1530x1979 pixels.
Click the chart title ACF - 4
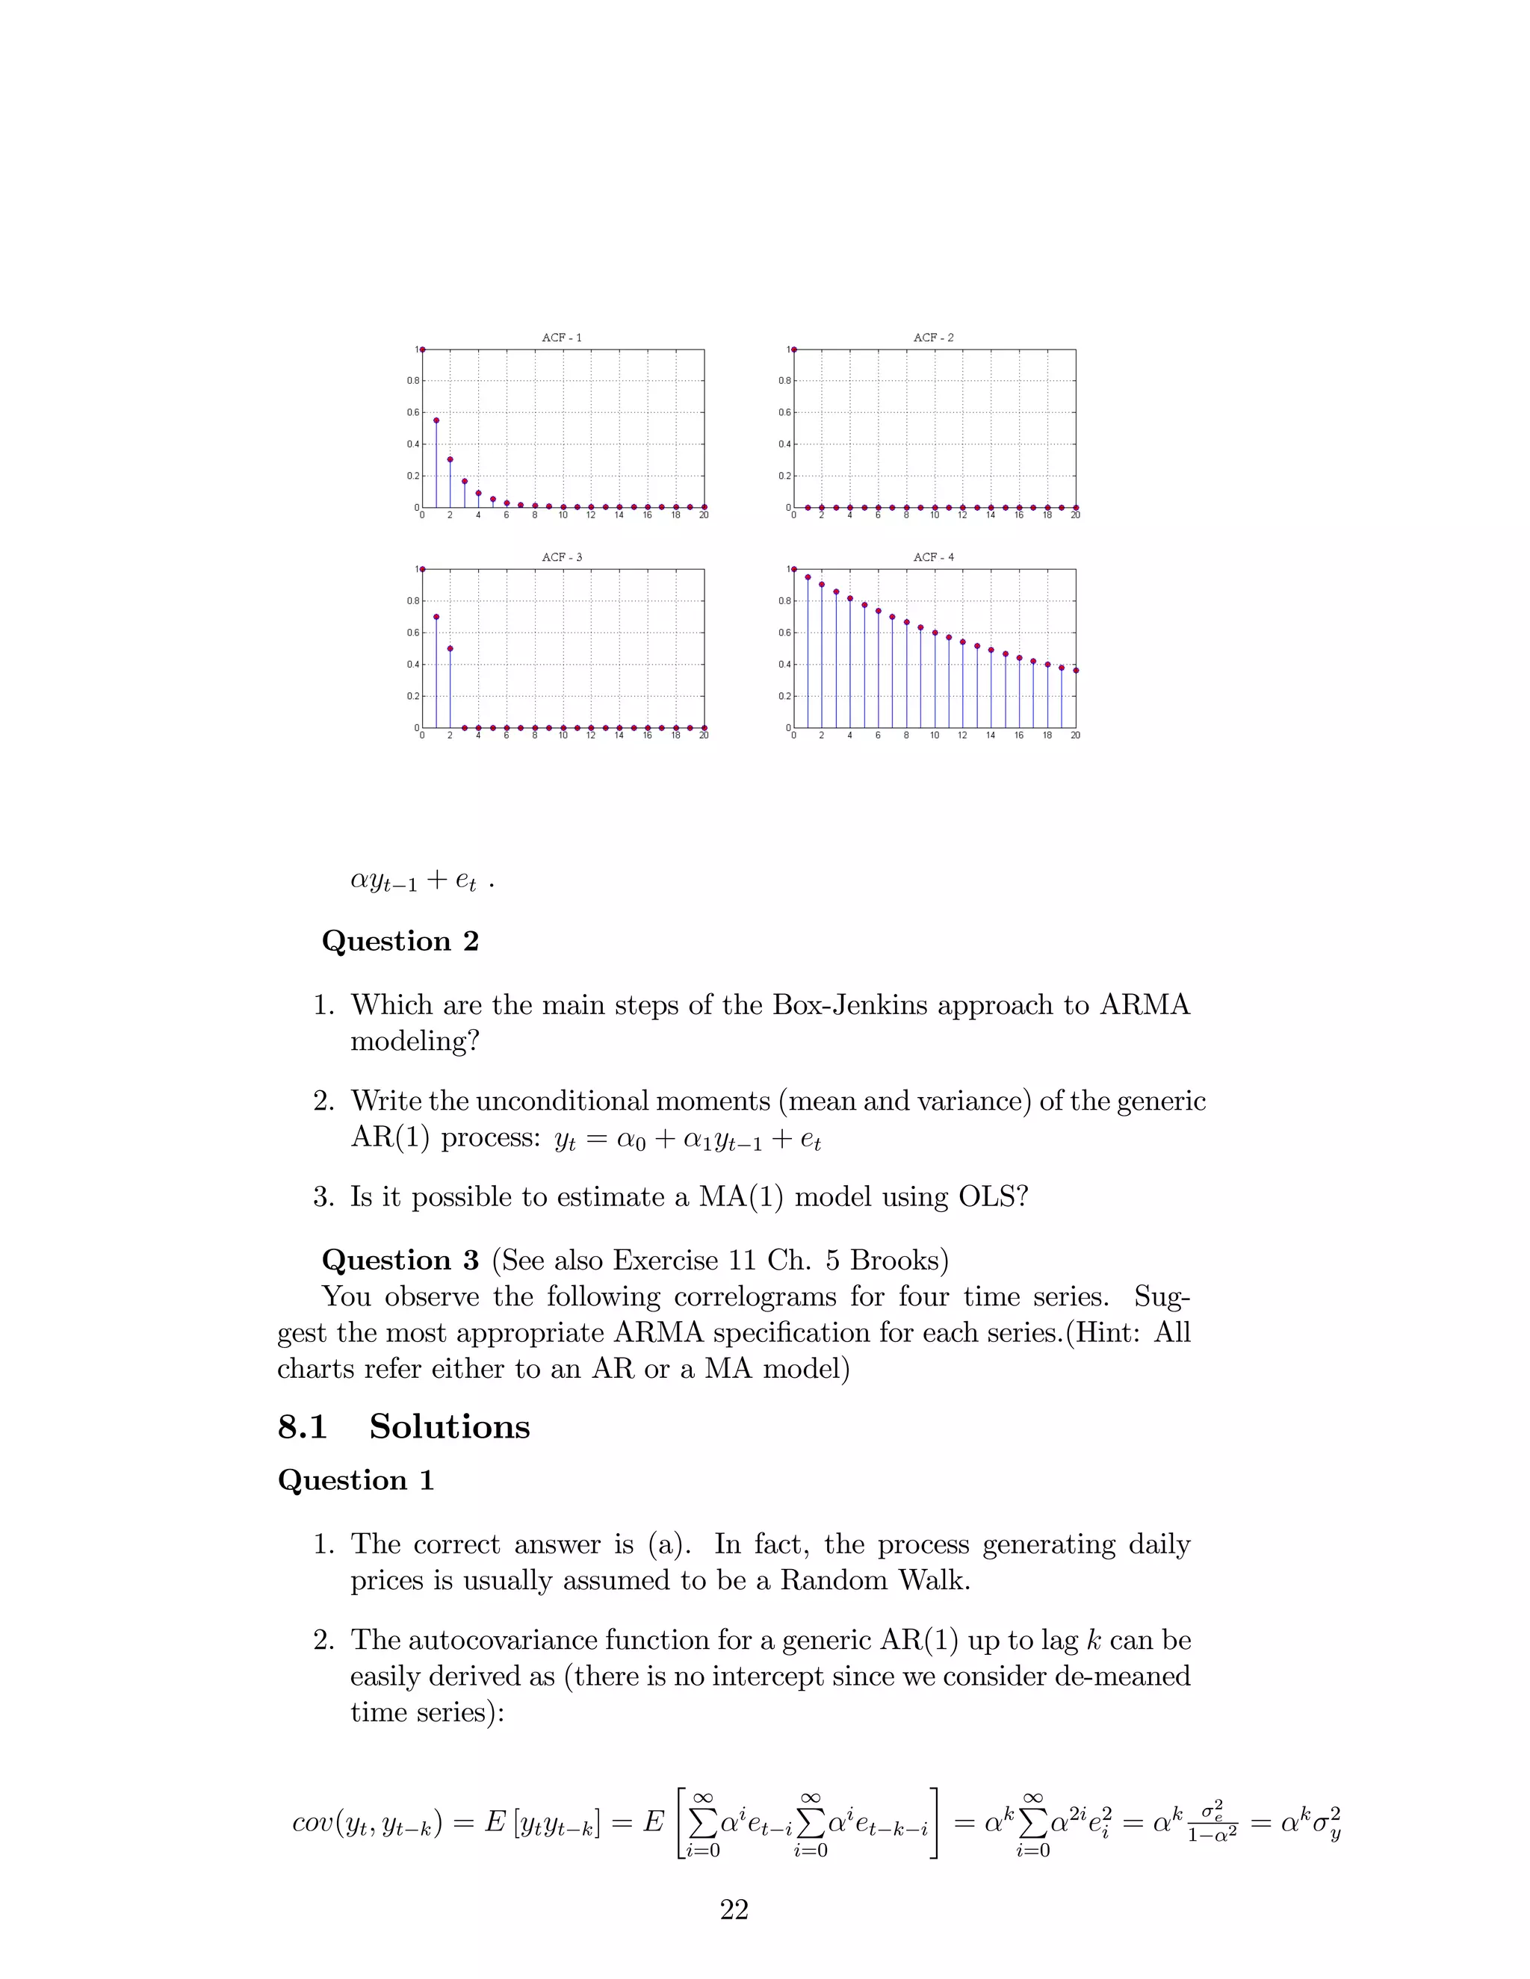click(934, 557)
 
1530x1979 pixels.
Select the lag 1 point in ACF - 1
click(436, 420)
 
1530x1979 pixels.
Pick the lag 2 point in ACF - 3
click(450, 649)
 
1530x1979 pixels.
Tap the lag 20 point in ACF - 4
click(1075, 671)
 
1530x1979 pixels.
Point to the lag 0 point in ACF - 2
click(794, 349)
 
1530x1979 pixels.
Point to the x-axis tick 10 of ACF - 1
click(563, 515)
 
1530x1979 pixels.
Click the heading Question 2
click(400, 942)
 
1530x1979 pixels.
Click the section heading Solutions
click(449, 1427)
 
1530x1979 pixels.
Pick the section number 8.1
click(302, 1427)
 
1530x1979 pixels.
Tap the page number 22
click(734, 1910)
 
